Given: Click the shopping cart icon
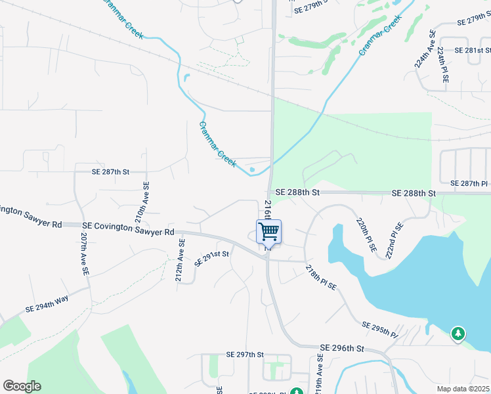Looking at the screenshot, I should [x=268, y=232].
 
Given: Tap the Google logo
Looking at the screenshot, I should [x=22, y=386].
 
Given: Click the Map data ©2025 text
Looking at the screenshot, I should [x=463, y=389].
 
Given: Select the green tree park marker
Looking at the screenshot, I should [x=457, y=334].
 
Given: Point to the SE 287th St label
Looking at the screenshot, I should [x=111, y=171].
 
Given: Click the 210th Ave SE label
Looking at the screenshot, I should [x=142, y=203].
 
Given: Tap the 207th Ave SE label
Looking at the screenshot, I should [x=84, y=253].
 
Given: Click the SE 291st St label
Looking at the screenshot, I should [x=211, y=258].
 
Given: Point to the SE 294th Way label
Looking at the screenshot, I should [x=47, y=304].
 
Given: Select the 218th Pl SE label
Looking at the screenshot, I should [x=321, y=277].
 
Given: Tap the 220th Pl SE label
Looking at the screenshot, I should [x=366, y=234].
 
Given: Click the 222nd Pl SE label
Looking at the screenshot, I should [x=395, y=240].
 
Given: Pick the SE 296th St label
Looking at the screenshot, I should [x=341, y=347].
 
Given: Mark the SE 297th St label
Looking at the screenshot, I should [x=244, y=355].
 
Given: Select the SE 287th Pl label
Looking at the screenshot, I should [x=470, y=183].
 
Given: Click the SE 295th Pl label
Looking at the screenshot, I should [x=380, y=330].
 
